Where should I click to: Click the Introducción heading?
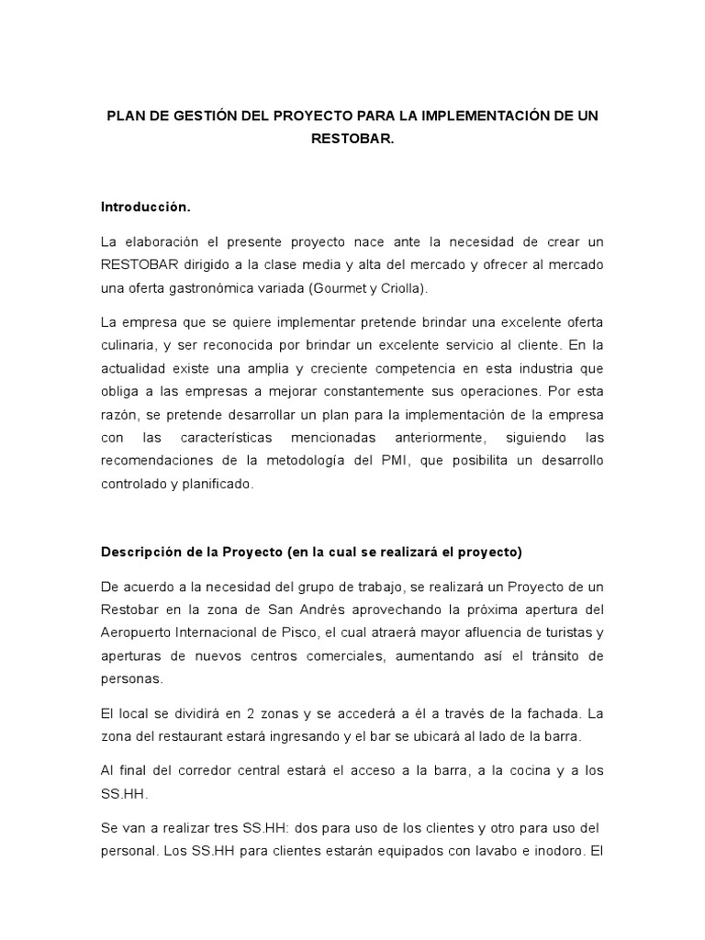[145, 207]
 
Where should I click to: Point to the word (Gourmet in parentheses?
[335, 288]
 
